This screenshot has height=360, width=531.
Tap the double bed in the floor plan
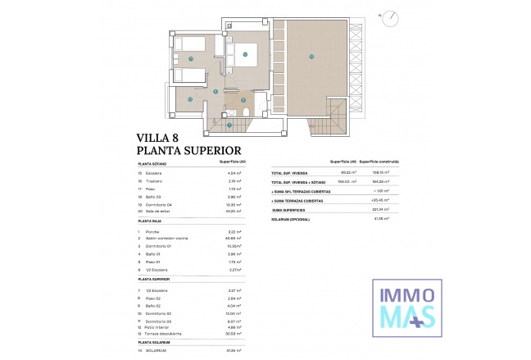click(248, 54)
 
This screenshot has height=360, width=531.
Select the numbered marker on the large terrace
click(311, 57)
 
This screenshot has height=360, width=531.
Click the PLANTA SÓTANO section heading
click(153, 163)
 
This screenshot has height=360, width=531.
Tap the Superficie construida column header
click(379, 162)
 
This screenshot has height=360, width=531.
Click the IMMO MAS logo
click(407, 306)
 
